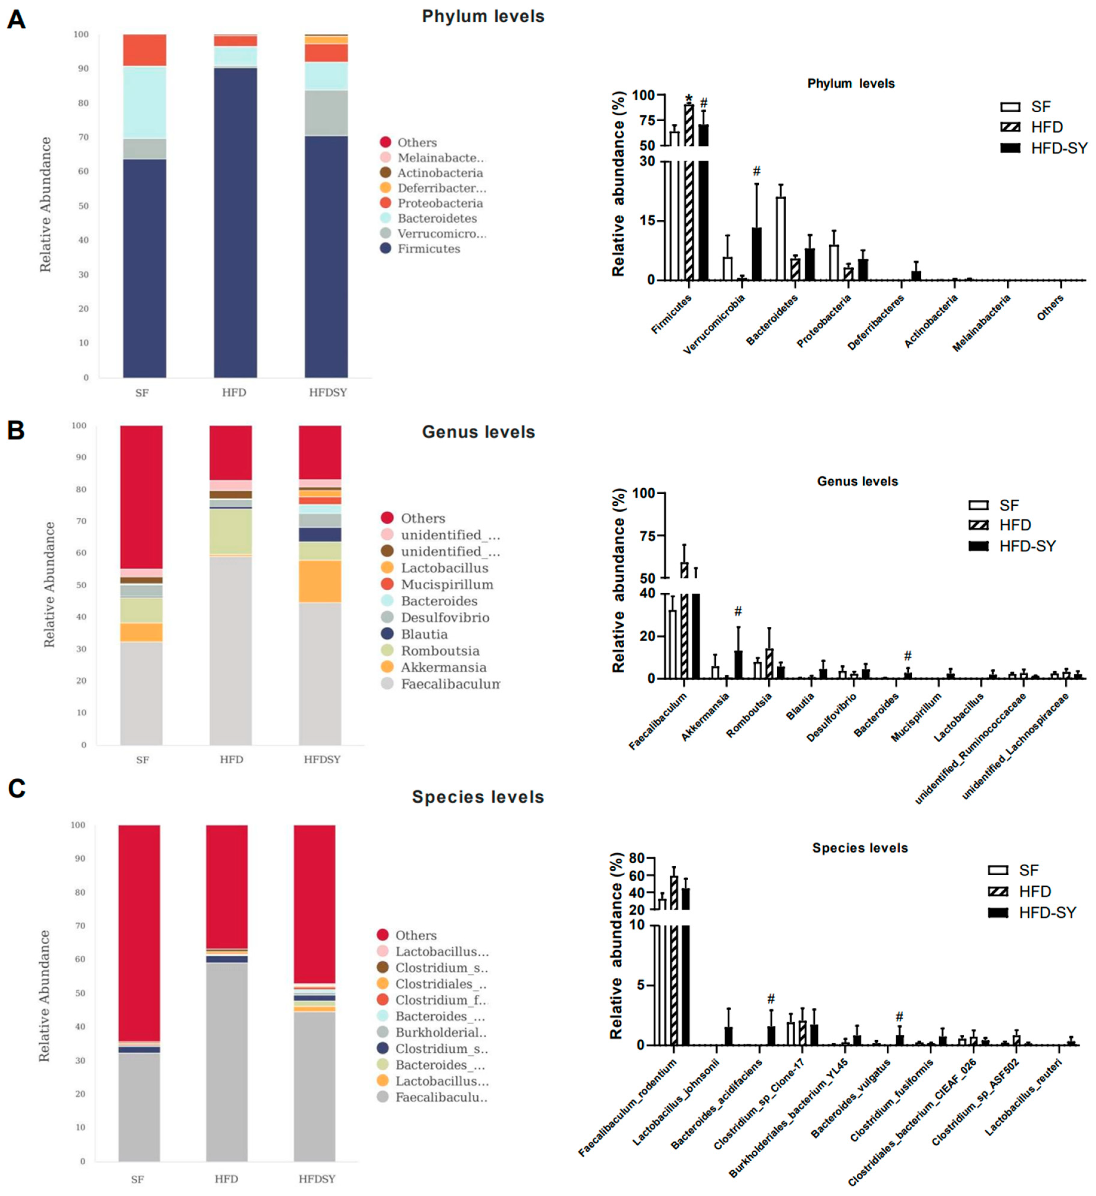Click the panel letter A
[16, 20]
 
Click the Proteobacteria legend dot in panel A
[386, 203]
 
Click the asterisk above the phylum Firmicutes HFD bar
[689, 99]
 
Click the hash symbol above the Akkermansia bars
[738, 611]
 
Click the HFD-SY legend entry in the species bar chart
[1047, 912]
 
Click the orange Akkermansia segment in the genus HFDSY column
[320, 581]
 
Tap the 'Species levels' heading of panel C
[478, 797]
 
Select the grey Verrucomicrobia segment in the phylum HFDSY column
[326, 113]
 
